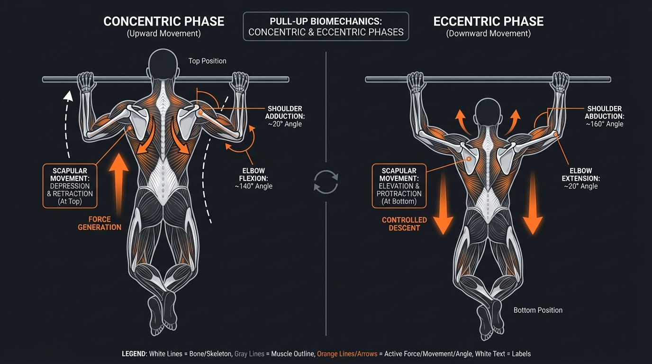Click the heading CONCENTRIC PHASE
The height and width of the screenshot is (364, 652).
tap(163, 22)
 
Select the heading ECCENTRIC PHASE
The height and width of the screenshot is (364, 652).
tap(488, 22)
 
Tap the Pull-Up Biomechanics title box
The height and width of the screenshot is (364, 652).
tap(326, 27)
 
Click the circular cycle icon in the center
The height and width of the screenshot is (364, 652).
tap(326, 182)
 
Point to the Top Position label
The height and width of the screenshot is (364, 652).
tap(207, 61)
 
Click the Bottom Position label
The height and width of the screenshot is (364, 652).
tap(538, 310)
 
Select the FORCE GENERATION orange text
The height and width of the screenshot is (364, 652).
tap(105, 223)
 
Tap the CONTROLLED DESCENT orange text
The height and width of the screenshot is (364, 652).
tap(405, 224)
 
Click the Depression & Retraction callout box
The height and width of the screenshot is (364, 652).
tap(70, 186)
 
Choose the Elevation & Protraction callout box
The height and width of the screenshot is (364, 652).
tap(399, 186)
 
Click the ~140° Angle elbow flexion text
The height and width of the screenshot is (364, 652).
tap(254, 186)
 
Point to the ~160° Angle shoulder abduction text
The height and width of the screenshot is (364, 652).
tap(604, 124)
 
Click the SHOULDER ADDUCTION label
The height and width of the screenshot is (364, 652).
tap(284, 112)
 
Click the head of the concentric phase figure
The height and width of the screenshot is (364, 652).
tap(163, 64)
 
